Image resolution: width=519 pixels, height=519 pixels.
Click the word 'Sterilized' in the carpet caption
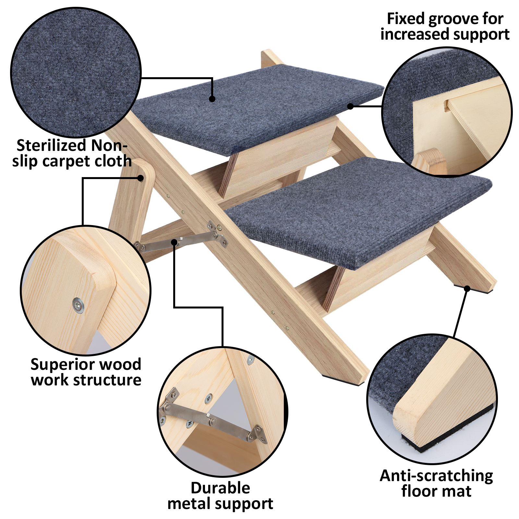pyautogui.click(x=51, y=146)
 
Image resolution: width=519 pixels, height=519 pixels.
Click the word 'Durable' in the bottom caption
pyautogui.click(x=220, y=488)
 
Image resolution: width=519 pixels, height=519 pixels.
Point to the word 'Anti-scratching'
pyautogui.click(x=436, y=476)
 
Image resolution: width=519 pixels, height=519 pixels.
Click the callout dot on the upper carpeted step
pyautogui.click(x=212, y=99)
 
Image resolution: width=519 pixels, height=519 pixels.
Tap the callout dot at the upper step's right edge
pyautogui.click(x=350, y=106)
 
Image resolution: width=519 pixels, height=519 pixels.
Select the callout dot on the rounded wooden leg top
pyautogui.click(x=140, y=178)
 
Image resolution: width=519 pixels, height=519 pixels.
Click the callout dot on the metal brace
pyautogui.click(x=175, y=242)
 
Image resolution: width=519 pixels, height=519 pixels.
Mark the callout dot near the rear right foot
pyautogui.click(x=467, y=288)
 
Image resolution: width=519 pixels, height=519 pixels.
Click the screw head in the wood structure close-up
pyautogui.click(x=78, y=305)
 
